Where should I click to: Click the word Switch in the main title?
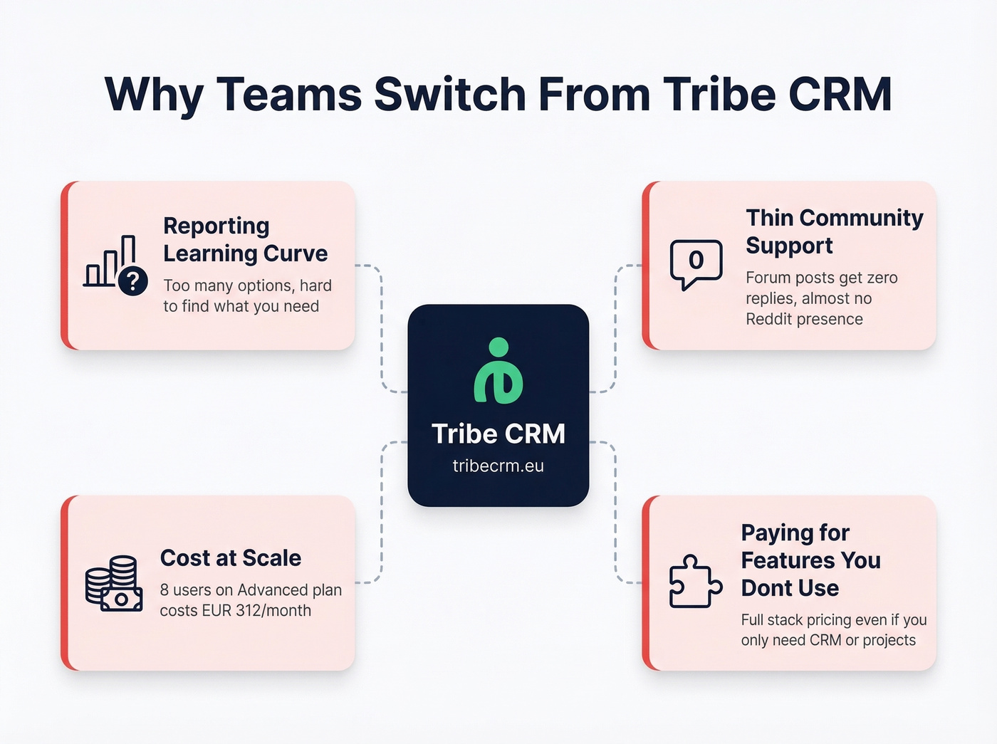(449, 95)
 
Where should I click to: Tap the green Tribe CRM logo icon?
(499, 371)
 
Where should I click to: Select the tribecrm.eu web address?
(498, 466)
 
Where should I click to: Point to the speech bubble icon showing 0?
(696, 263)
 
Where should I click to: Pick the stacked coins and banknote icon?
(114, 584)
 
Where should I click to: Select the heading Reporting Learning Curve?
(245, 239)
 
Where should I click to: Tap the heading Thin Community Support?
(834, 231)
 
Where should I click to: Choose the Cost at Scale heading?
(230, 558)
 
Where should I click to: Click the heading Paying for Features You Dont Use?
(810, 560)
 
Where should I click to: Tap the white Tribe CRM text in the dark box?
(498, 434)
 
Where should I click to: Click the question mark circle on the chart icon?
(133, 281)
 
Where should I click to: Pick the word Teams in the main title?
(289, 95)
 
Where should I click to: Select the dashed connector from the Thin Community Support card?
(615, 328)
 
